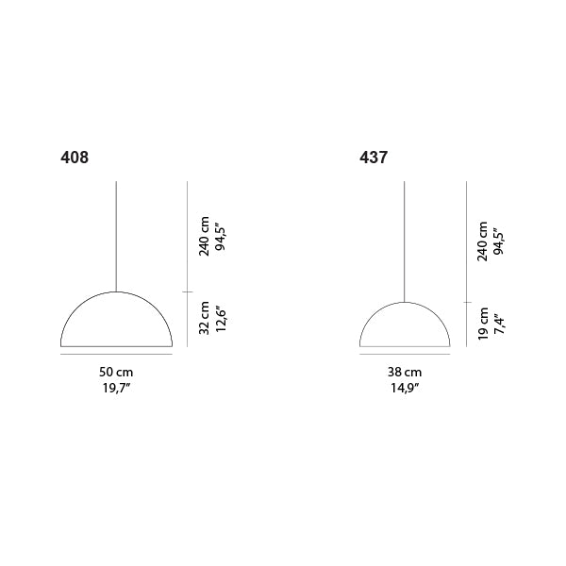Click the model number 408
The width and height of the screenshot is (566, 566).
tap(75, 158)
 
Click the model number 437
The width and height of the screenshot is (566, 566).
tap(374, 158)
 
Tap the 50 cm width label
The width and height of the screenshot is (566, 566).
tap(116, 372)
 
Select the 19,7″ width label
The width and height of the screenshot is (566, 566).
tap(116, 388)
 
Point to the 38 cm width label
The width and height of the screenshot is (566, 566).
tap(405, 372)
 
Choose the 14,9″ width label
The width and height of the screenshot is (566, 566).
tap(405, 388)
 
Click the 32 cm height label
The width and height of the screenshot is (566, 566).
tap(205, 318)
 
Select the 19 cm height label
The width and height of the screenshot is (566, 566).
tap(483, 324)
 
